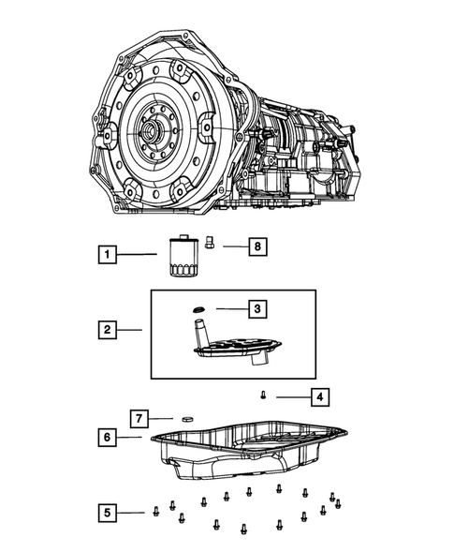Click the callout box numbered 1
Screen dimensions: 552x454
point(110,253)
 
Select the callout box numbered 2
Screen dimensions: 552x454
point(110,329)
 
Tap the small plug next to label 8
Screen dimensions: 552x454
point(212,243)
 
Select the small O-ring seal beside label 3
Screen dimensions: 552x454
point(198,308)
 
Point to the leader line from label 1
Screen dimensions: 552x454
point(140,254)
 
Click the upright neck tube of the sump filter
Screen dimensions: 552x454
point(198,331)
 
